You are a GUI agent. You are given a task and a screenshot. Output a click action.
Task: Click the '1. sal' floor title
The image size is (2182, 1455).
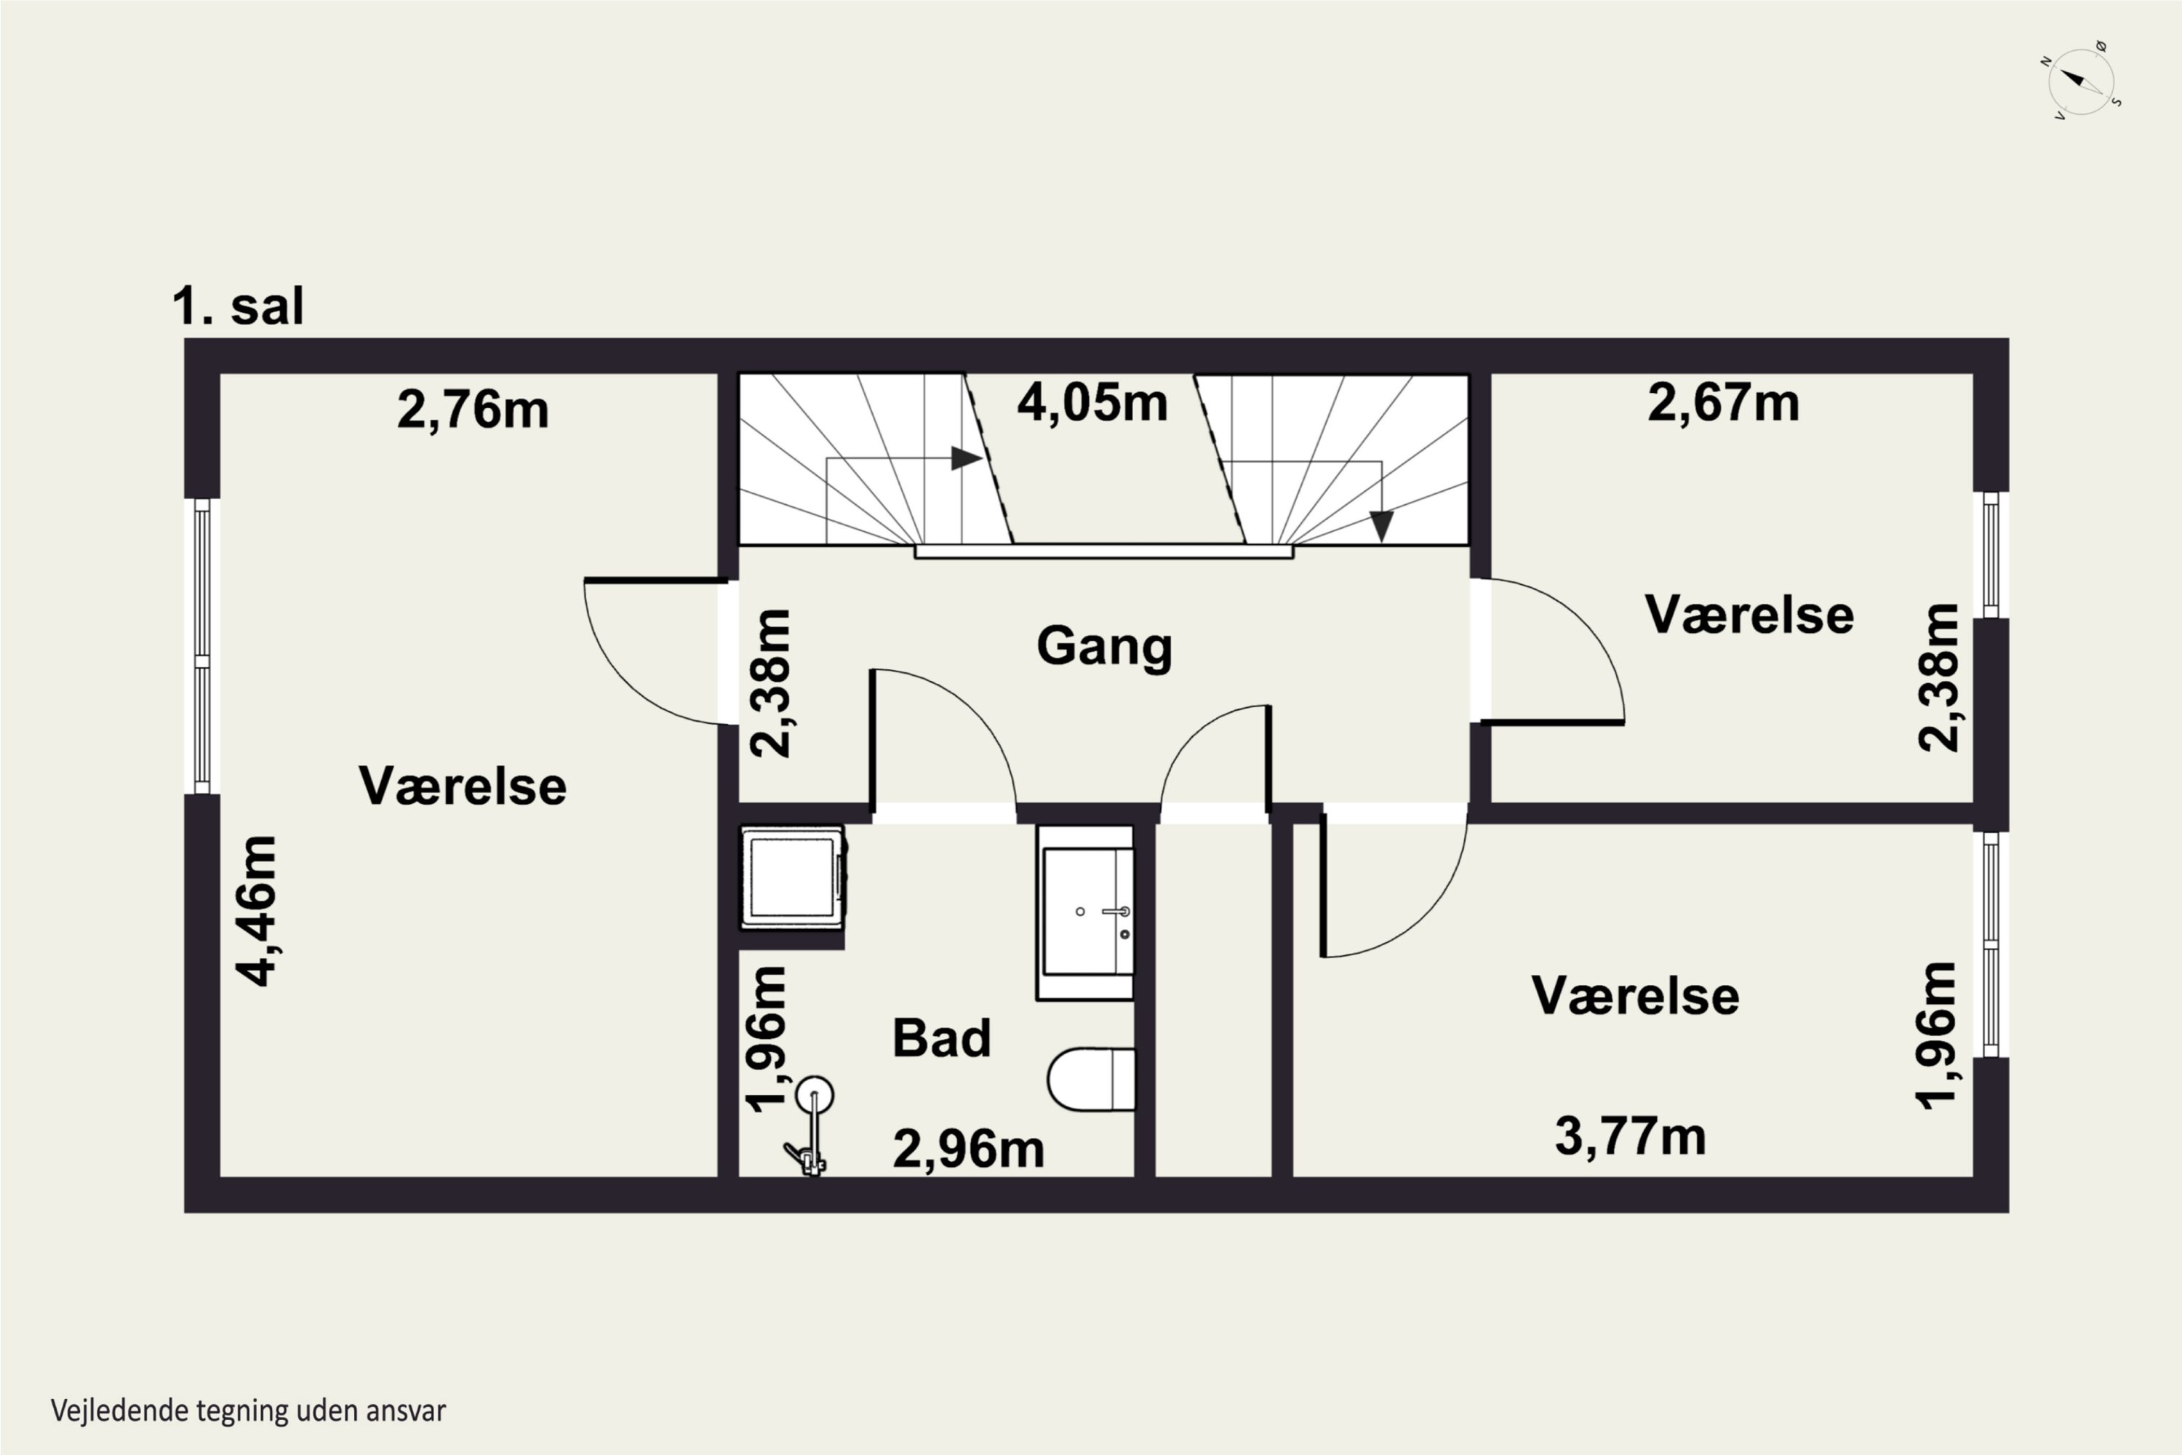click(238, 306)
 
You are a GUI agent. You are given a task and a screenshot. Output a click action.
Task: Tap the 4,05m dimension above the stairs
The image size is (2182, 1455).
click(1092, 404)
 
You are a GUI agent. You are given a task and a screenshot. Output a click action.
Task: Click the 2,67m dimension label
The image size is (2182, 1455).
click(1723, 404)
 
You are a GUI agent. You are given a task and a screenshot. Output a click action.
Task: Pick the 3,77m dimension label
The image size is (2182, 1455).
click(1630, 1136)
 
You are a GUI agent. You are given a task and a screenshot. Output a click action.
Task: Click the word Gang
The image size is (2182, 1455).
click(1104, 646)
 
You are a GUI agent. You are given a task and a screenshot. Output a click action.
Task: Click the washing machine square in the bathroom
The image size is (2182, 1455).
click(791, 877)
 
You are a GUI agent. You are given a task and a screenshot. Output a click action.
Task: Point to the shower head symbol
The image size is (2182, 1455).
click(815, 1095)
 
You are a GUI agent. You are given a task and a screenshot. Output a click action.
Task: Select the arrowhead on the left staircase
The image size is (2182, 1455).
click(966, 458)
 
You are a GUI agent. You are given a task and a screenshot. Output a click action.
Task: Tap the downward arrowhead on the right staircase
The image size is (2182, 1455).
click(1381, 526)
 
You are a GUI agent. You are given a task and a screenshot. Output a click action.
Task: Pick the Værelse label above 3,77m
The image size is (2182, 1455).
click(1634, 996)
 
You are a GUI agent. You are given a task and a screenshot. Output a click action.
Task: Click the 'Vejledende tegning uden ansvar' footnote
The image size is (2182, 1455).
click(248, 1411)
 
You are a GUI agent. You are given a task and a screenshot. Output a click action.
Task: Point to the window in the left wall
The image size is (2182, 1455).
click(202, 646)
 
